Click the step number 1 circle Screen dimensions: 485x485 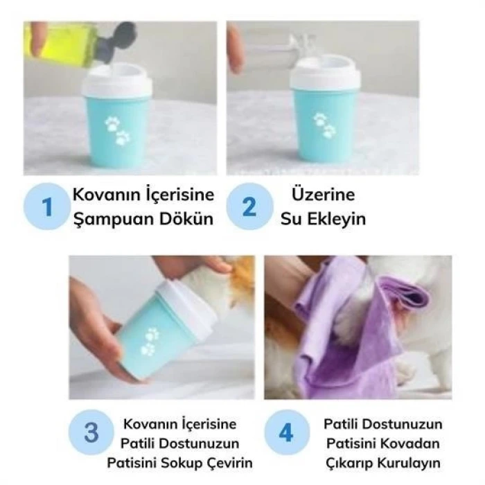[x=47, y=206]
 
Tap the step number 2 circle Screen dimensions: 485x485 [x=249, y=206]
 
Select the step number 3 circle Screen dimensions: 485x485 [x=91, y=433]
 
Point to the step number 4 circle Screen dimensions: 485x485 [x=285, y=433]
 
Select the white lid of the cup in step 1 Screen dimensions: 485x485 [x=118, y=80]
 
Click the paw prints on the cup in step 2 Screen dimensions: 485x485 [x=324, y=125]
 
